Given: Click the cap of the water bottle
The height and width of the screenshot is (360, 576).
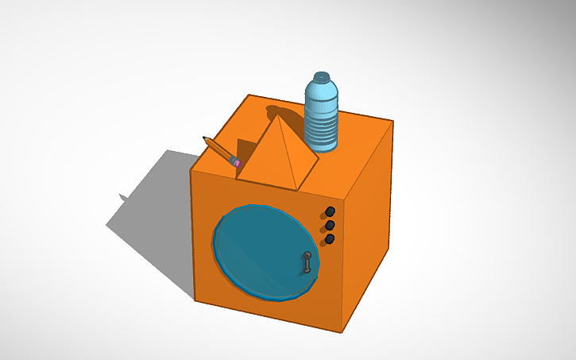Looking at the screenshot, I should pos(322,77).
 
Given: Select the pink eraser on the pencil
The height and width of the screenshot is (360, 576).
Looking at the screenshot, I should pos(235,161).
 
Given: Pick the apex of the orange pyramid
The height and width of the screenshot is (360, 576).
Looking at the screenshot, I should pos(279,117).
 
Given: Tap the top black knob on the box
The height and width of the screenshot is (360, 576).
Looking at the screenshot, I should pos(330,211).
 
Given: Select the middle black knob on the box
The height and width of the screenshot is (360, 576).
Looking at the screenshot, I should pos(330,226).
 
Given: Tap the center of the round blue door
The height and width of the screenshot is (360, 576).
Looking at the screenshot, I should pos(265,251).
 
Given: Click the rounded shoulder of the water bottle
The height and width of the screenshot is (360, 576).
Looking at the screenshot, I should pos(322,90).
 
